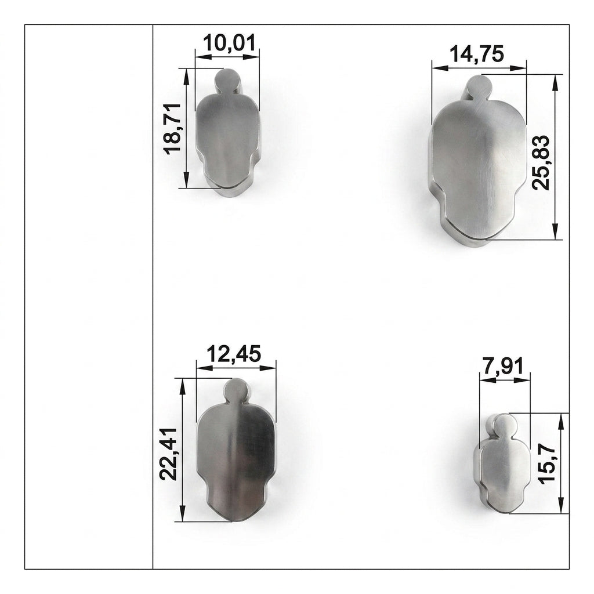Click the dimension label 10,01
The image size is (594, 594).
pos(230,42)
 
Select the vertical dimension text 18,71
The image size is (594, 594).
pos(173,129)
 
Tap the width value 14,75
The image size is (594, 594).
pos(477,54)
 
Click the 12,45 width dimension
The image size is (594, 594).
pos(234,354)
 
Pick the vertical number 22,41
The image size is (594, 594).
pos(168,454)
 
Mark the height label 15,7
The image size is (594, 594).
pos(546,463)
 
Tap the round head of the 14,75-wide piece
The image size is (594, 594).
pos(479,88)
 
